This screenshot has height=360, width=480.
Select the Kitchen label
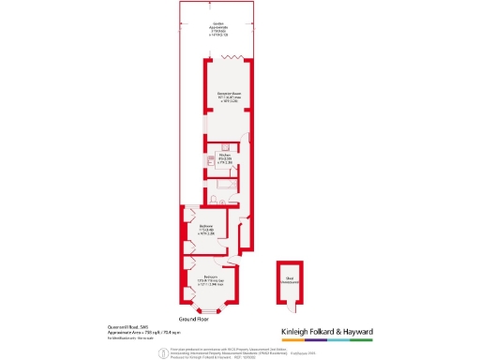tap(227, 158)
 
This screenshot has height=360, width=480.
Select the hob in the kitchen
tap(212, 160)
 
